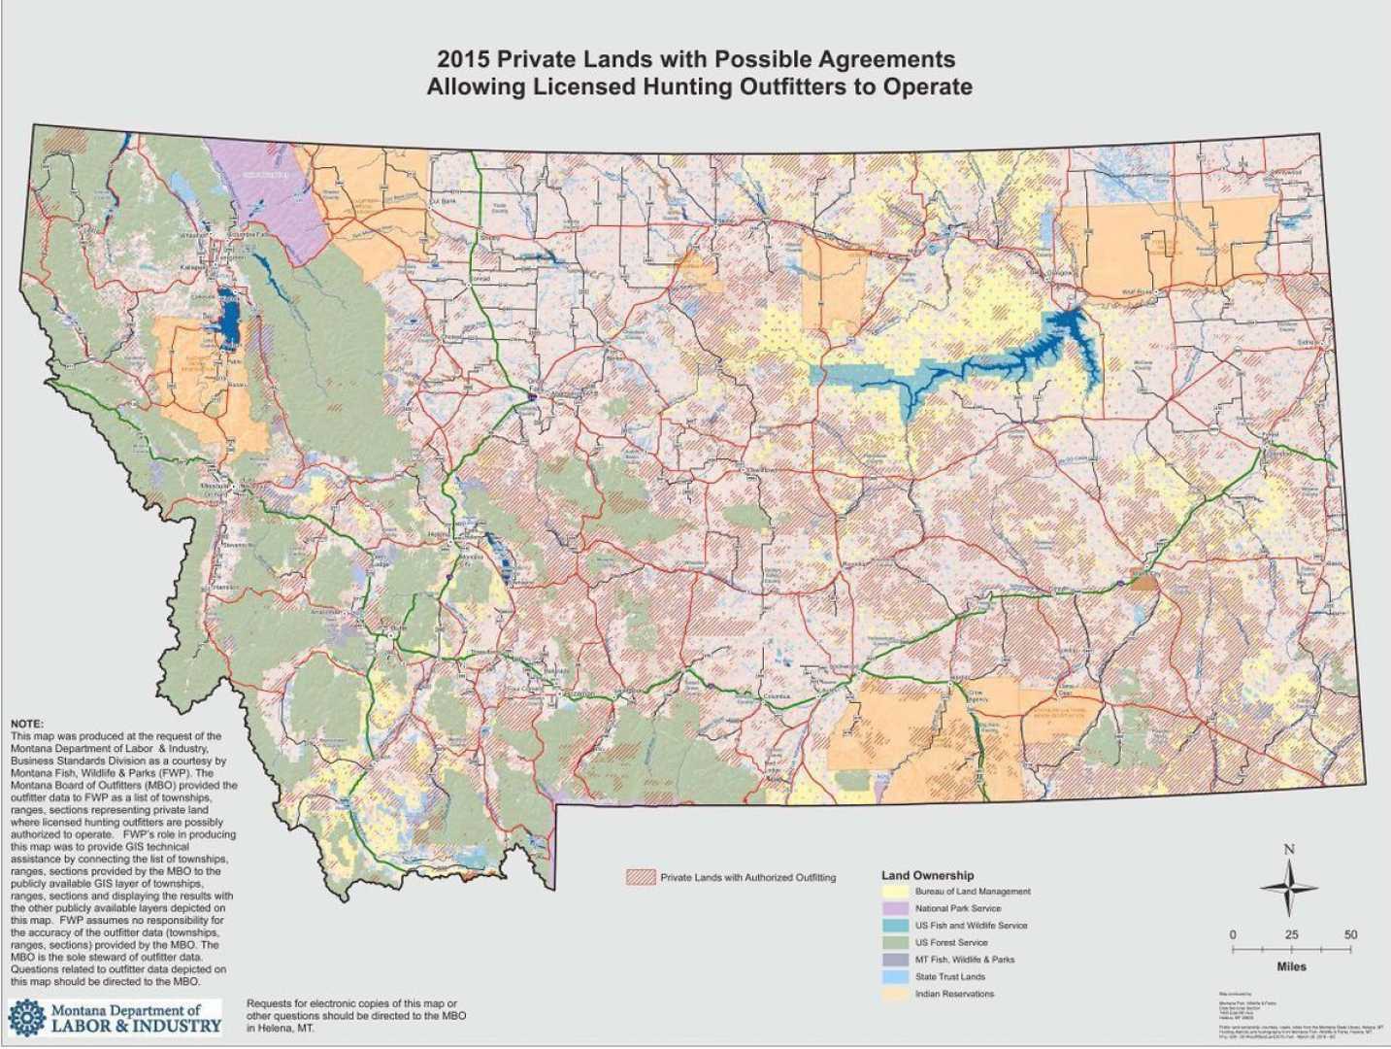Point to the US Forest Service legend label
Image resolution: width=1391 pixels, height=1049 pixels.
click(951, 942)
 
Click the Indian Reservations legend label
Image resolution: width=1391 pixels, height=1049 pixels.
click(954, 994)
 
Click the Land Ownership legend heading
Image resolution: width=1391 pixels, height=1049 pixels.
click(927, 875)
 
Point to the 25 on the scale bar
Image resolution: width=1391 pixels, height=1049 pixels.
click(1291, 934)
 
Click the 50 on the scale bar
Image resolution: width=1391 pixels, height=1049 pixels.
click(1349, 934)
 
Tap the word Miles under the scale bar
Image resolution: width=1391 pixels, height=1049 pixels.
click(1291, 966)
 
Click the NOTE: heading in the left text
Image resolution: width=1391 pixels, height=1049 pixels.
click(26, 725)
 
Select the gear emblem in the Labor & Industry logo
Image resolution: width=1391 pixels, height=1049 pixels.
click(26, 1017)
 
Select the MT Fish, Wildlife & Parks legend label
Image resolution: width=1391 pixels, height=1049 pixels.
click(964, 959)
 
